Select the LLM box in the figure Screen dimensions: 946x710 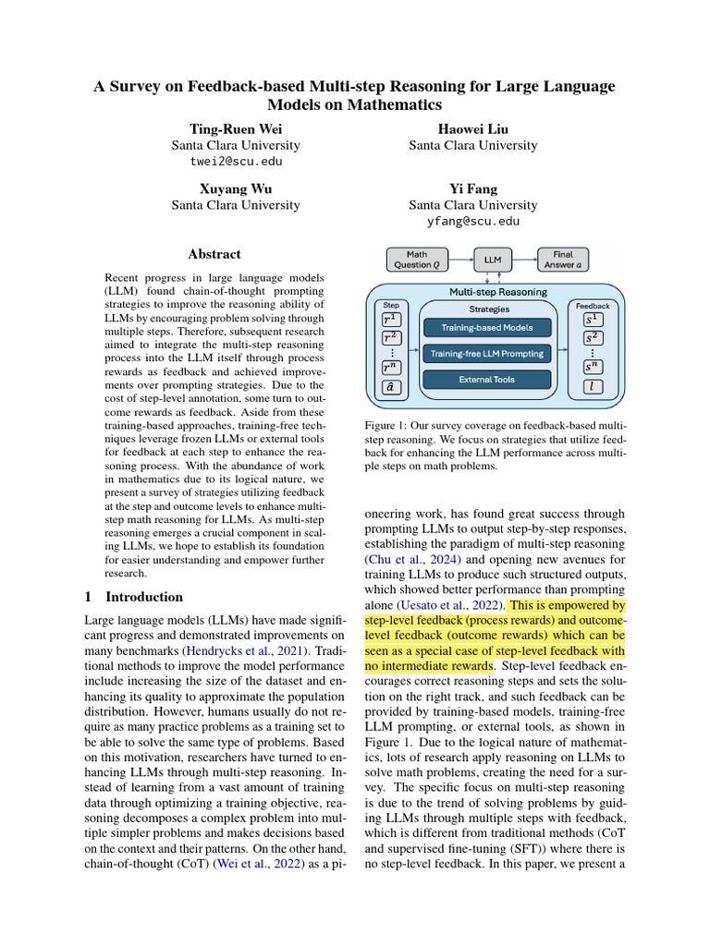(x=493, y=260)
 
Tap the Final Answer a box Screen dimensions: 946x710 (x=562, y=259)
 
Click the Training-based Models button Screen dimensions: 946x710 (x=487, y=327)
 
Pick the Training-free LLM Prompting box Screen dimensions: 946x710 (x=487, y=353)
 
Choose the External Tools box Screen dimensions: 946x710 (x=487, y=379)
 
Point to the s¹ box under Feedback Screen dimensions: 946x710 (x=592, y=320)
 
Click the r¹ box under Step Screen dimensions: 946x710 (x=390, y=320)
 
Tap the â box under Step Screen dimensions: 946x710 (x=390, y=388)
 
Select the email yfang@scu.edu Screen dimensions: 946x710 (x=472, y=222)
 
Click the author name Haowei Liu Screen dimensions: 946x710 (x=472, y=128)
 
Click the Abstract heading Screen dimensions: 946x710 (x=214, y=254)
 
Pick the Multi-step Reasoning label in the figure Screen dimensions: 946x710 (x=497, y=292)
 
